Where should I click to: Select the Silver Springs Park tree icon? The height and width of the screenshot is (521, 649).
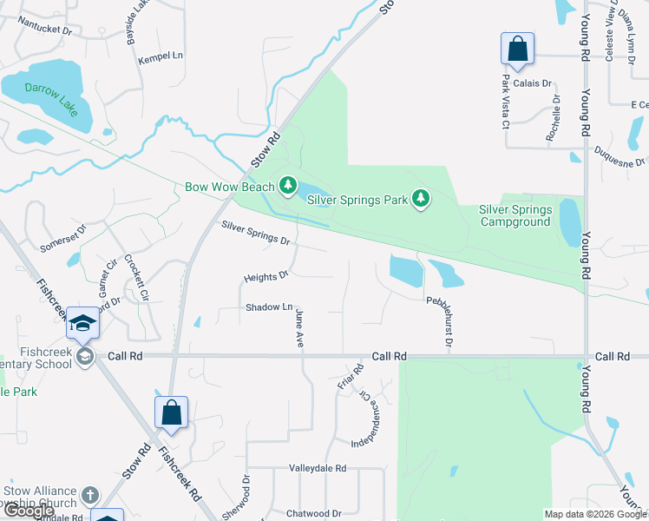(x=421, y=200)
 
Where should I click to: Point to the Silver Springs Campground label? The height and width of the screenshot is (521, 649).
(x=515, y=215)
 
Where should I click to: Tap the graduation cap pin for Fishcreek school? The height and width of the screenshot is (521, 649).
(x=83, y=325)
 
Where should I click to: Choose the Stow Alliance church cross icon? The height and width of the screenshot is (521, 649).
(x=89, y=497)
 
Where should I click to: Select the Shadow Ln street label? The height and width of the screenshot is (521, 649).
(x=268, y=307)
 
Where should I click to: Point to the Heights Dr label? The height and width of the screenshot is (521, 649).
(x=265, y=277)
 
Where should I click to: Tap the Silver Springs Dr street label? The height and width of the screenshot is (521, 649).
(x=255, y=232)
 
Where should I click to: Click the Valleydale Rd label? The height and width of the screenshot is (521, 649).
(x=318, y=468)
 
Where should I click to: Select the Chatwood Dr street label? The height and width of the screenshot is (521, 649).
(x=313, y=513)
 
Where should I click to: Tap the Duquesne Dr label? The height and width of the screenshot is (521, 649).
(x=619, y=156)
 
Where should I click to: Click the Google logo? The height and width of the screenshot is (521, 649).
(x=29, y=511)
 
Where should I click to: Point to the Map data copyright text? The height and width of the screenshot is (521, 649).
(x=594, y=514)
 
